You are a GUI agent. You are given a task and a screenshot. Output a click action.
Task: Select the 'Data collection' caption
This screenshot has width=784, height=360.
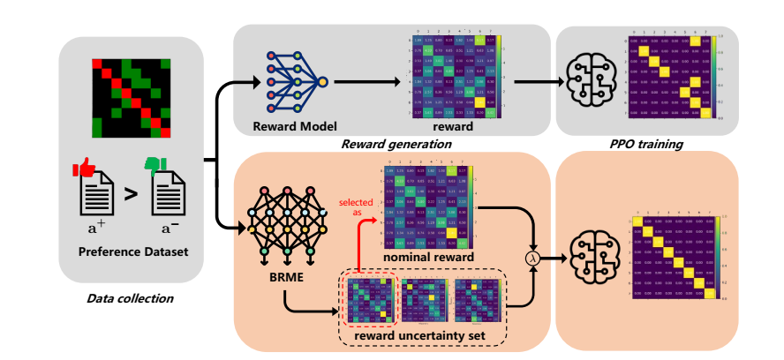(x=130, y=297)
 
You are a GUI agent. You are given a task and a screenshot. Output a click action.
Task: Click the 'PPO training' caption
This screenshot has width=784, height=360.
(x=645, y=143)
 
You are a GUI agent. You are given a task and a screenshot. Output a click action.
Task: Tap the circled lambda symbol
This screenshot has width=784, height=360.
(x=531, y=258)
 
